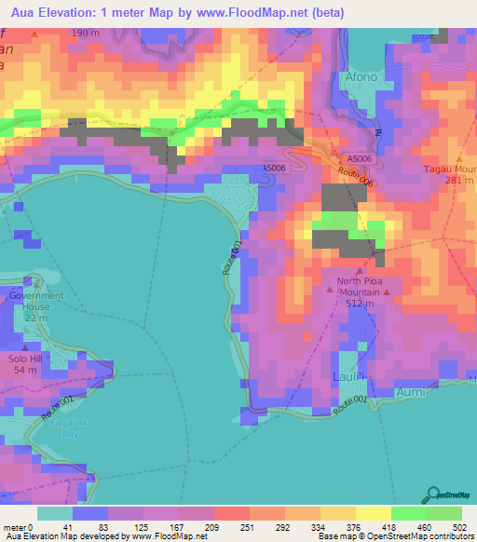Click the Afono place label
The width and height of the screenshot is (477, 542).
[x=361, y=77]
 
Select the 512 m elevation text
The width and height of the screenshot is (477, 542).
[x=359, y=302]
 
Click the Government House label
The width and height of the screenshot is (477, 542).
[x=36, y=301]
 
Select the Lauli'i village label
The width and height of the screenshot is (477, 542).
[x=350, y=376]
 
